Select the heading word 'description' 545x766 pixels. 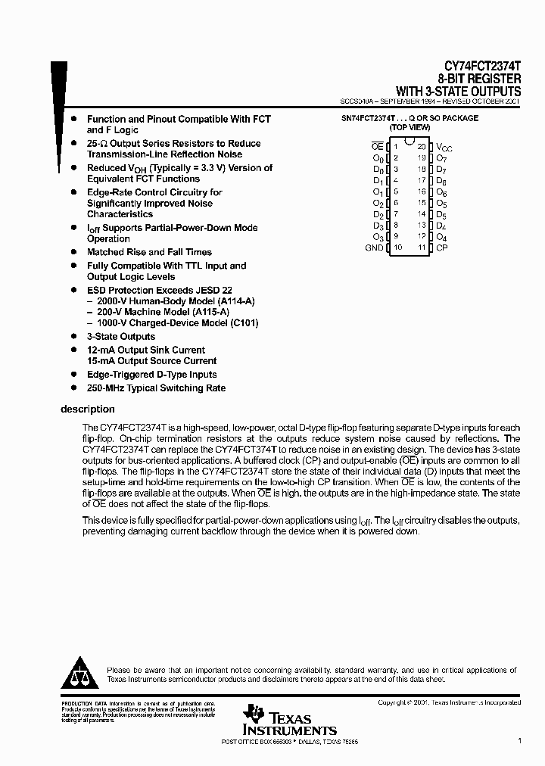tap(87, 409)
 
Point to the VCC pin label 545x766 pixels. tap(444, 147)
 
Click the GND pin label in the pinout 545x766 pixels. tap(374, 248)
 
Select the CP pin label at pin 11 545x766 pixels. tap(442, 248)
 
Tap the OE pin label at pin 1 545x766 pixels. tap(377, 146)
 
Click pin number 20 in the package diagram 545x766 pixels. tap(421, 146)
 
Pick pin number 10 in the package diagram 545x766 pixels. tap(397, 248)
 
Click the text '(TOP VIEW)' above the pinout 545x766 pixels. tap(410, 128)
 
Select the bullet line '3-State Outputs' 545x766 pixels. tap(120, 337)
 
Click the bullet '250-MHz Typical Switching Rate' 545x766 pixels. tap(156, 388)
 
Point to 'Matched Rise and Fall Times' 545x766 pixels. tap(149, 252)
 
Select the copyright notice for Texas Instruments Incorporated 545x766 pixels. tap(449, 703)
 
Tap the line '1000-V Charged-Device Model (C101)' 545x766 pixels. tap(173, 323)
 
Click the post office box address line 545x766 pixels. tap(288, 742)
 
